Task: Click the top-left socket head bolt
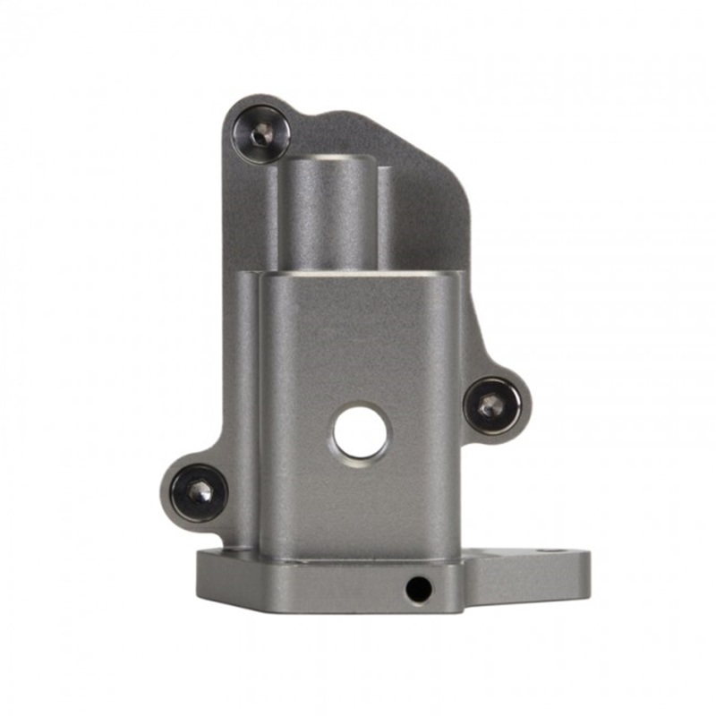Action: click(x=260, y=134)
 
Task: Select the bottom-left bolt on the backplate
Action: click(x=199, y=492)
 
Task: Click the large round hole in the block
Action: click(x=361, y=433)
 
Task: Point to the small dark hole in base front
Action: click(x=417, y=589)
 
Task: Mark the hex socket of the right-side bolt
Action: click(x=490, y=407)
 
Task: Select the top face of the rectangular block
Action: click(x=358, y=272)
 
